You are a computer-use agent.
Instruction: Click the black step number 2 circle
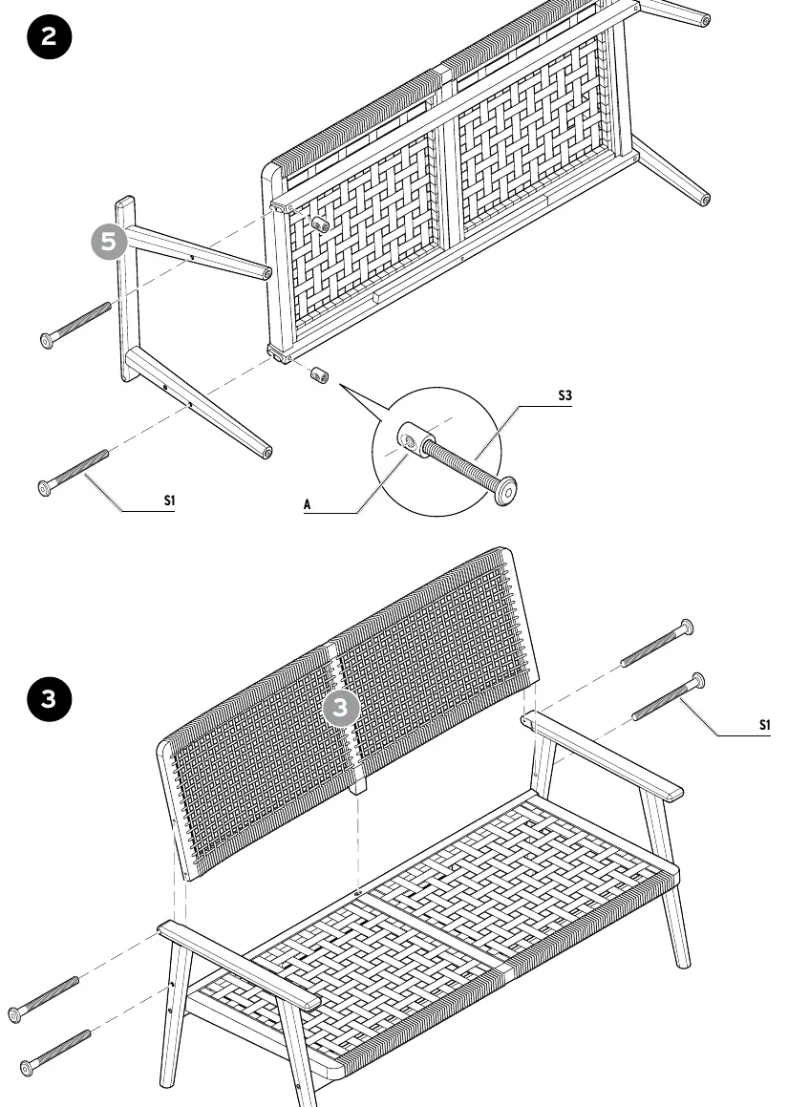click(x=50, y=36)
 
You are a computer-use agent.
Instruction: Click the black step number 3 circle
click(x=50, y=699)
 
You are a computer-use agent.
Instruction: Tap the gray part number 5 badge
click(x=109, y=242)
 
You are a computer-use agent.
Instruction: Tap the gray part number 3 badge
click(x=340, y=708)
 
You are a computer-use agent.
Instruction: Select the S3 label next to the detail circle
click(x=564, y=395)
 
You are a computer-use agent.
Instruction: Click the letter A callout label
click(x=308, y=504)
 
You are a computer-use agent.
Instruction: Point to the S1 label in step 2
click(x=169, y=500)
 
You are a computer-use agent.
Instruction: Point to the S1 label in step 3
click(x=765, y=724)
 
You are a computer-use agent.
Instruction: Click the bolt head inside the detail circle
click(x=505, y=491)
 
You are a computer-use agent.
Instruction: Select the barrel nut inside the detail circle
click(x=412, y=439)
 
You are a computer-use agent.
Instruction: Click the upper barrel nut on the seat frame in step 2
click(x=321, y=224)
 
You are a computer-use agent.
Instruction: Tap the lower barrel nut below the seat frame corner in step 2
click(x=320, y=374)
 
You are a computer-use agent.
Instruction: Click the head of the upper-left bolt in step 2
click(x=47, y=341)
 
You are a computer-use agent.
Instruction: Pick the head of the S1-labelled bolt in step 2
click(x=45, y=488)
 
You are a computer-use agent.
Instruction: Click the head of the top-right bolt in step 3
click(x=686, y=627)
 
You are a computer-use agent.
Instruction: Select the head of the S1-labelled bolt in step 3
click(x=697, y=681)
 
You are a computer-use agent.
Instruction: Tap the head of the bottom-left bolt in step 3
click(x=27, y=1068)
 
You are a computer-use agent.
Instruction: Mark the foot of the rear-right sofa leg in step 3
click(x=683, y=962)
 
